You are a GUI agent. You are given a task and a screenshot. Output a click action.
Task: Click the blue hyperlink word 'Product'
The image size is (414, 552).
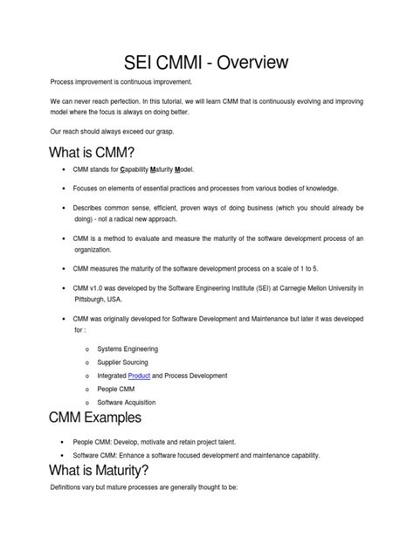[x=140, y=376]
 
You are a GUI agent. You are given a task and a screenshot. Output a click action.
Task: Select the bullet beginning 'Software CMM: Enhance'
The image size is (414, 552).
[x=184, y=455]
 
